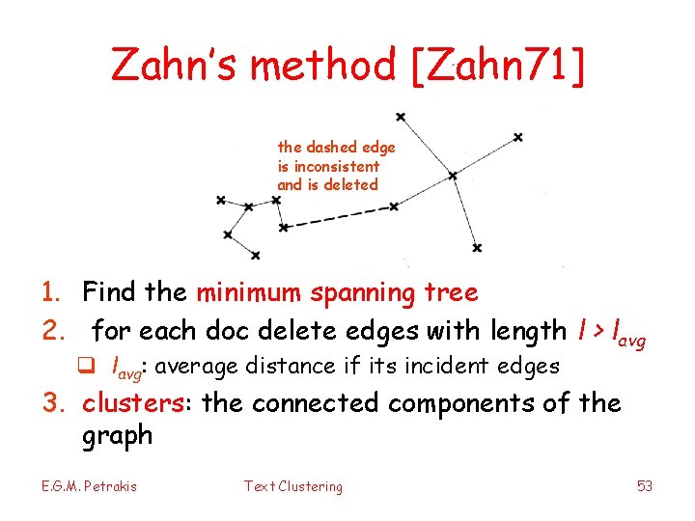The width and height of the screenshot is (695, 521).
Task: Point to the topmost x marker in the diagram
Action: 400,117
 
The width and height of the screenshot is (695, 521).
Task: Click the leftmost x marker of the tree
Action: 221,201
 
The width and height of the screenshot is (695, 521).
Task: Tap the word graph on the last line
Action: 118,435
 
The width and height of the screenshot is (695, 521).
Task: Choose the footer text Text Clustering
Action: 292,486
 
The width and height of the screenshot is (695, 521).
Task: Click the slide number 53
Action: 645,486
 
